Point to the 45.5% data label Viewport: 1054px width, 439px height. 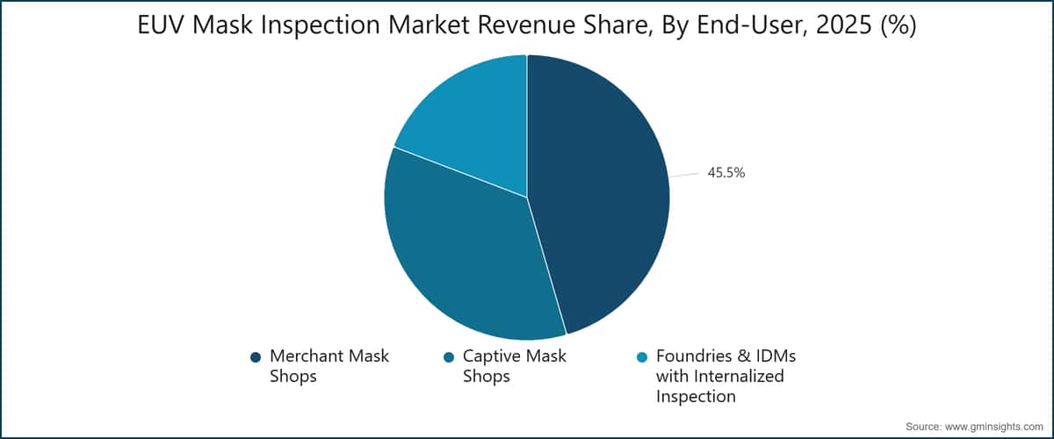click(726, 173)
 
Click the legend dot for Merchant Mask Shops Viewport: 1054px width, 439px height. click(256, 357)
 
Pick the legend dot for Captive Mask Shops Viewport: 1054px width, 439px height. click(449, 357)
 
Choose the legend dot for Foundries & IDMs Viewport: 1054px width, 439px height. click(642, 357)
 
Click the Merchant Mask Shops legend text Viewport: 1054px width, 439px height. click(329, 366)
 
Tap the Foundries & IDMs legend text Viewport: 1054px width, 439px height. click(726, 377)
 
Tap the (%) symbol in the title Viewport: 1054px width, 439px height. click(896, 27)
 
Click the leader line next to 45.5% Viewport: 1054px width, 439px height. click(685, 175)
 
